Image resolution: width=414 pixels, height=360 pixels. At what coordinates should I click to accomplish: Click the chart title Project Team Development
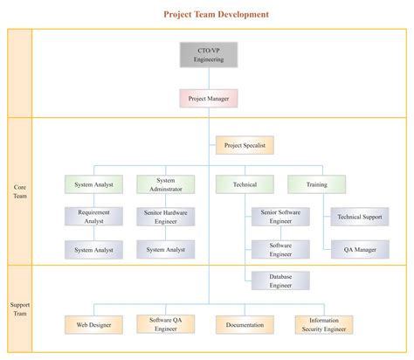click(216, 14)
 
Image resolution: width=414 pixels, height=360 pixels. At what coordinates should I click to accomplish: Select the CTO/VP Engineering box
click(210, 54)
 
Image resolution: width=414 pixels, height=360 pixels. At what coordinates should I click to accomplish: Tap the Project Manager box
click(210, 99)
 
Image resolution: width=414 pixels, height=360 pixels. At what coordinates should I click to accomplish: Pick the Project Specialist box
click(245, 146)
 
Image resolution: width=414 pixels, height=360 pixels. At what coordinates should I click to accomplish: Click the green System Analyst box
click(93, 184)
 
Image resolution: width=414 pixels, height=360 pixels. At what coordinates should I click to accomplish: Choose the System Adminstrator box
click(166, 184)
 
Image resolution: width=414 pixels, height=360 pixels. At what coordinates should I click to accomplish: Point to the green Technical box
click(245, 184)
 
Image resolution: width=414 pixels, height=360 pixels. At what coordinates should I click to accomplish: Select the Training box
click(316, 184)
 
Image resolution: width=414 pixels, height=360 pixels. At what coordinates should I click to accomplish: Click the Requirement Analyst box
click(93, 216)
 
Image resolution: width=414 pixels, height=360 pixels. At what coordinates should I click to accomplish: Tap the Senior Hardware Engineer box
click(166, 216)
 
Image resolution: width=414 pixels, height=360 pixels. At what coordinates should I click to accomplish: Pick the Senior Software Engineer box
click(280, 216)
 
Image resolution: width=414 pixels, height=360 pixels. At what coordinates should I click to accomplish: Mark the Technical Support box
click(360, 216)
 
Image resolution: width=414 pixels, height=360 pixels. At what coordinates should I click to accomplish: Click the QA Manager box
click(360, 250)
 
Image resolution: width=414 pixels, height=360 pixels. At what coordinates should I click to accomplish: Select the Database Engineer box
click(280, 280)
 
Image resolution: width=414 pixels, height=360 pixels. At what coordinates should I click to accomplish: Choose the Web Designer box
click(93, 324)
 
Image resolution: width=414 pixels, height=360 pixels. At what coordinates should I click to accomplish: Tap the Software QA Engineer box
click(166, 324)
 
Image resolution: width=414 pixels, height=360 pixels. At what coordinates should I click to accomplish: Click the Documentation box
click(245, 324)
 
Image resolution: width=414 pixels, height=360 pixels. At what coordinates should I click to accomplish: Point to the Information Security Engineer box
click(324, 324)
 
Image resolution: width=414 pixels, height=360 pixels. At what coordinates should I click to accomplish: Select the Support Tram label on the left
click(20, 309)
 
